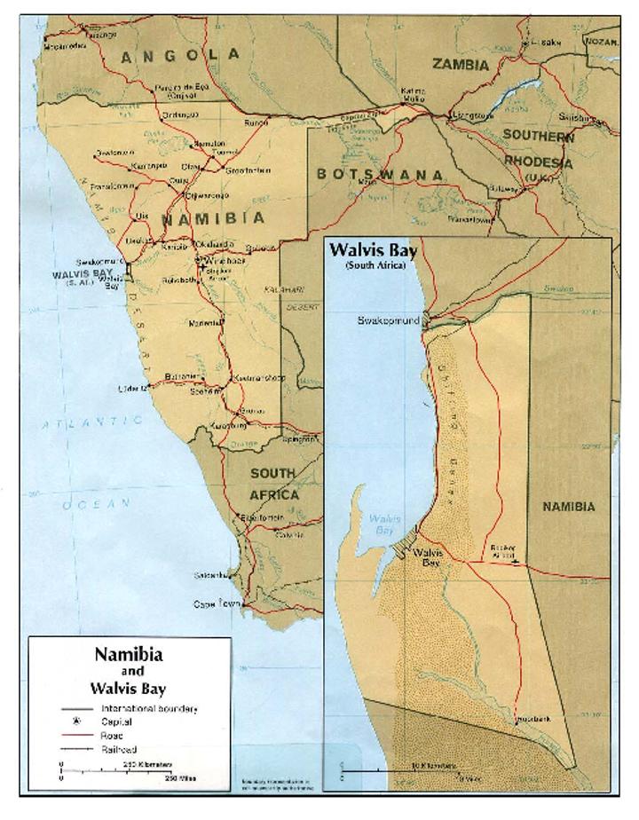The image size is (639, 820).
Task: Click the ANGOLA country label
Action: (180, 56)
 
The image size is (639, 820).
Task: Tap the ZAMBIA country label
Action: (460, 65)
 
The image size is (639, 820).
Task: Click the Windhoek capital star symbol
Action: (200, 260)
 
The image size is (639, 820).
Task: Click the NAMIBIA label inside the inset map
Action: (568, 506)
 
